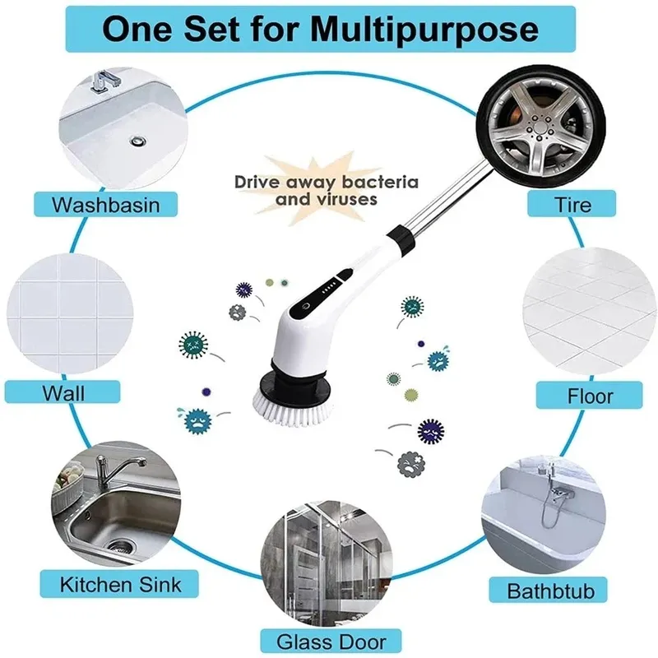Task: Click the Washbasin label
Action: pyautogui.click(x=106, y=204)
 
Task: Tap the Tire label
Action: pyautogui.click(x=572, y=204)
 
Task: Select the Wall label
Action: pyautogui.click(x=63, y=392)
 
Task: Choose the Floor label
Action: pyautogui.click(x=589, y=396)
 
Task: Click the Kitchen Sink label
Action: pyautogui.click(x=119, y=584)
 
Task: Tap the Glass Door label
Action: pyautogui.click(x=331, y=642)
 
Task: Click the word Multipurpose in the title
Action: pyautogui.click(x=424, y=30)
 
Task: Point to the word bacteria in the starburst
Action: pyautogui.click(x=380, y=182)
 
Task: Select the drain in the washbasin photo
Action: pyautogui.click(x=137, y=141)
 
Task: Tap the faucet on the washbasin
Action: pyautogui.click(x=103, y=81)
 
